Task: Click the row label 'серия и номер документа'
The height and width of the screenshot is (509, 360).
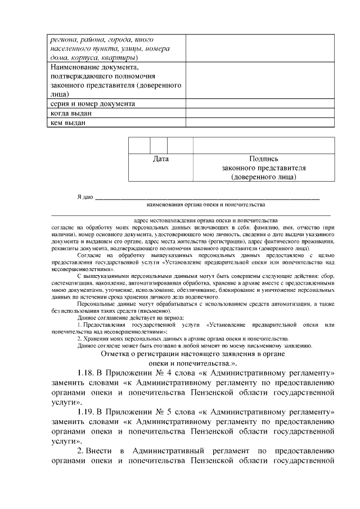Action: coord(91,104)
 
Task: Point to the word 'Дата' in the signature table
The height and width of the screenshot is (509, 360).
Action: coord(161,159)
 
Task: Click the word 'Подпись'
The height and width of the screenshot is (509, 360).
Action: coord(263,159)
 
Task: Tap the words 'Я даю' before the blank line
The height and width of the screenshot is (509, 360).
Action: coord(84,197)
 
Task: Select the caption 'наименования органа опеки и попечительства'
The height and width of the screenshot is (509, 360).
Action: coord(205,205)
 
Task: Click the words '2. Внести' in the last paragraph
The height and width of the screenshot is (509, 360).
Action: coord(95,451)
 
